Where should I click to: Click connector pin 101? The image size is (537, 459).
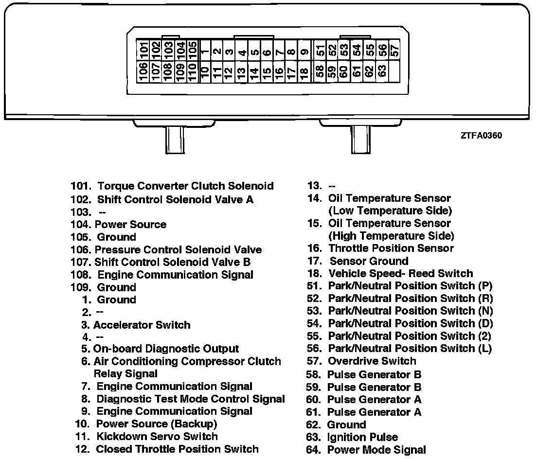click(143, 49)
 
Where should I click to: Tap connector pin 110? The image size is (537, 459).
click(192, 72)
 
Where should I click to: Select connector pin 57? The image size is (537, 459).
click(395, 49)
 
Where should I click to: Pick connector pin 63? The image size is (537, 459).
click(382, 72)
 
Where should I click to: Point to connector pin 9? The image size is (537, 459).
click(304, 50)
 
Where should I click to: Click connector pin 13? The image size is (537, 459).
click(241, 72)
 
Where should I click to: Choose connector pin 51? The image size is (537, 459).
click(320, 49)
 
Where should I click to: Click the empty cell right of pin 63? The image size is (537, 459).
click(395, 72)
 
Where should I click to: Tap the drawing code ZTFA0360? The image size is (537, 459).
click(481, 136)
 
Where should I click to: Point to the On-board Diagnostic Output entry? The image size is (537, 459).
click(166, 349)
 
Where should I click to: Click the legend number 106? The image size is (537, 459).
click(81, 250)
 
